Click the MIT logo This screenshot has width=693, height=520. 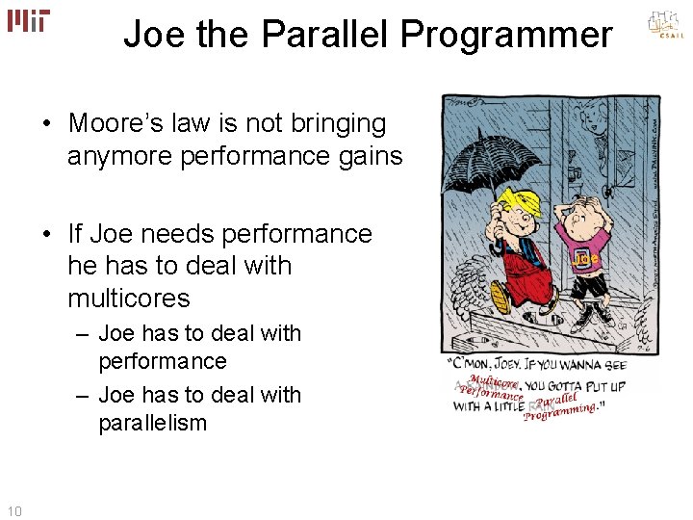point(28,20)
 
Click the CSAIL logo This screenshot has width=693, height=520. point(664,27)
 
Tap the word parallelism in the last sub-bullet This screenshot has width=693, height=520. point(152,423)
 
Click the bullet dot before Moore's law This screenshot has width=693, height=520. point(46,124)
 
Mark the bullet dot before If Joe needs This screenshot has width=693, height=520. point(46,235)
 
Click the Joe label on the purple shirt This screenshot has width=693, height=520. point(586,259)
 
